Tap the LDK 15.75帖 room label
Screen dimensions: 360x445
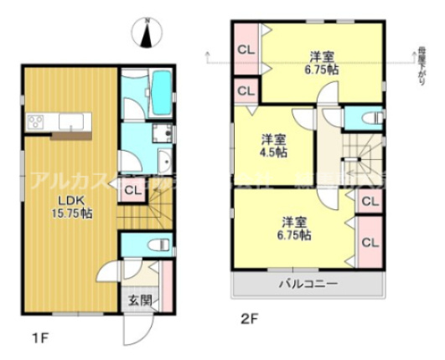coord(75,207)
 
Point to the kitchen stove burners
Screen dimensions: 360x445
coord(36,124)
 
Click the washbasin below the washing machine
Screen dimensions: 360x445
coord(165,163)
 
